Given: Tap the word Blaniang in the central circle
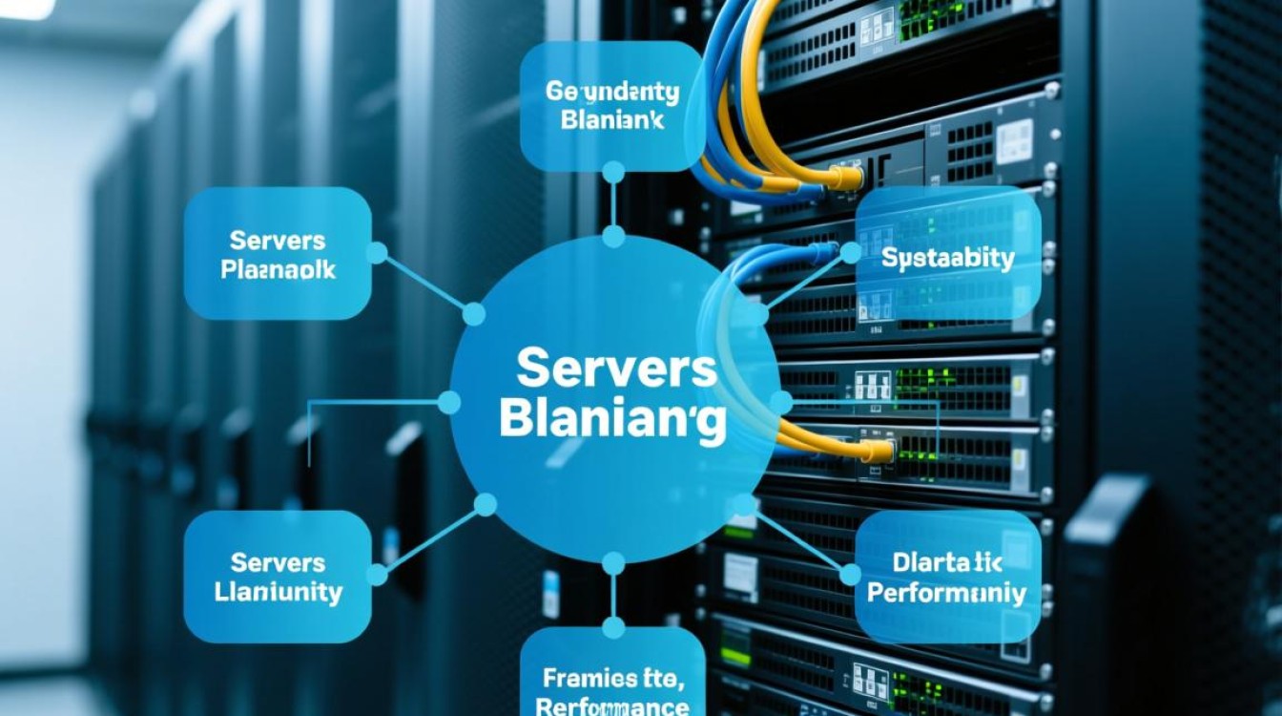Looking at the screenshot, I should click(611, 420).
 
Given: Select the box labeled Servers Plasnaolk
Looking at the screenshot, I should click(278, 253).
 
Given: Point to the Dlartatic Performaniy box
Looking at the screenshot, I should click(947, 579).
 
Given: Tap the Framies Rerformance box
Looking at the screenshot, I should click(612, 674).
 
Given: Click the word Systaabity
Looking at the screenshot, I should click(947, 259).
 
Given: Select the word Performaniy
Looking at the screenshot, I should click(947, 594).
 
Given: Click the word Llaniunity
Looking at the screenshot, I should click(279, 593).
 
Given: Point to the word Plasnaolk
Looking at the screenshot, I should click(278, 269).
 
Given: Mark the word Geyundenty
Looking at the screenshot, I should click(612, 93).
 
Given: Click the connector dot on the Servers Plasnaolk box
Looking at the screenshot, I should click(377, 253).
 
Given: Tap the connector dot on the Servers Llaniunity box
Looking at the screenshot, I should click(377, 575).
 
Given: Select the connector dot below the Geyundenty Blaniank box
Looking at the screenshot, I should click(612, 173).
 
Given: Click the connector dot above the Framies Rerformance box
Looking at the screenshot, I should click(612, 627).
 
